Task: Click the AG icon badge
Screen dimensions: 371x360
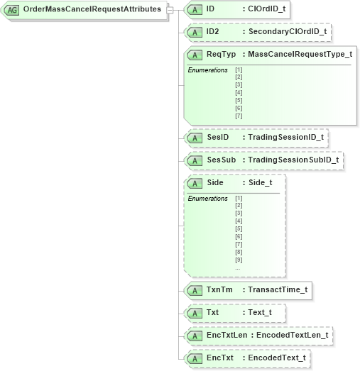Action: [13, 11]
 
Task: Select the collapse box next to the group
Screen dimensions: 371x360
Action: [169, 10]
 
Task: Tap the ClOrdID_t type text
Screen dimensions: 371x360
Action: [266, 10]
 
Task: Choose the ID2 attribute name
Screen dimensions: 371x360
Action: [213, 32]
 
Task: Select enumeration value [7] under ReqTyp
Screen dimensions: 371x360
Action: [239, 116]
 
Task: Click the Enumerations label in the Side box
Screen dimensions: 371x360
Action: [207, 199]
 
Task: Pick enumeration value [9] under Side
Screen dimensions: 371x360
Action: [239, 260]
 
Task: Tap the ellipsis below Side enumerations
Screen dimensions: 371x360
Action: [238, 268]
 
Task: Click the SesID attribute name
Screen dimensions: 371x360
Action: [217, 137]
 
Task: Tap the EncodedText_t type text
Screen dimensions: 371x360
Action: [277, 358]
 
